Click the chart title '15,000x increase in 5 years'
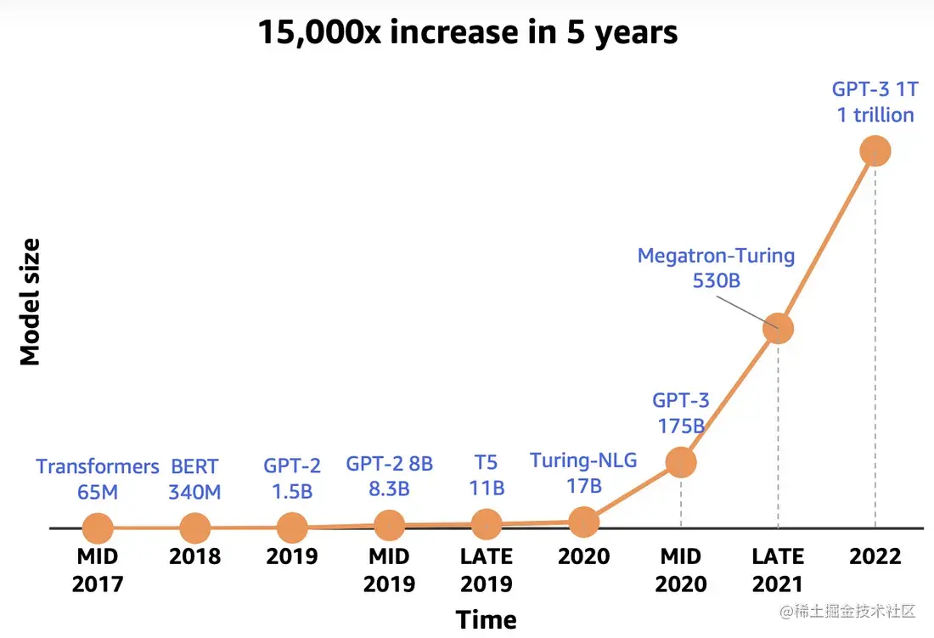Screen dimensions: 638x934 coord(468,32)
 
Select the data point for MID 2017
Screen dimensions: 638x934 coord(98,528)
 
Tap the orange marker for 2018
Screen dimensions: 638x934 coord(195,528)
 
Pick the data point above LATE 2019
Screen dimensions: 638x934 coord(487,525)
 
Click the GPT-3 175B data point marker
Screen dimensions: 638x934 coord(680,462)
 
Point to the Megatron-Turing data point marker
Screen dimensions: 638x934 coord(778,328)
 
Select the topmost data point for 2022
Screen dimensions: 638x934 coord(875,151)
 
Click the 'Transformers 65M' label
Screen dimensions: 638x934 coord(98,478)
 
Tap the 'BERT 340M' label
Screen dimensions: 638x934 coord(194,478)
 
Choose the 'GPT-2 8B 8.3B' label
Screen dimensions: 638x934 coord(390,476)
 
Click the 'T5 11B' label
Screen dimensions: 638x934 coord(487,476)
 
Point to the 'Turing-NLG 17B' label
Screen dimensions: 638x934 coord(583,473)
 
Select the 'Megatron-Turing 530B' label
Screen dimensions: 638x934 coord(716,267)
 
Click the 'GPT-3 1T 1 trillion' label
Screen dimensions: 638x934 coord(875,102)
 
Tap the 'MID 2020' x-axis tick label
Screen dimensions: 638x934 coord(681,570)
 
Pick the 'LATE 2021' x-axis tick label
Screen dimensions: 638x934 coord(778,570)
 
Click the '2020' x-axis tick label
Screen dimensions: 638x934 coord(583,556)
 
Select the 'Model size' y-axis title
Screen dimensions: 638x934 coord(31,302)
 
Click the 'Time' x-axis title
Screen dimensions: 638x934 coord(486,619)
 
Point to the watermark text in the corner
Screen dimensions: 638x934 coord(849,611)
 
